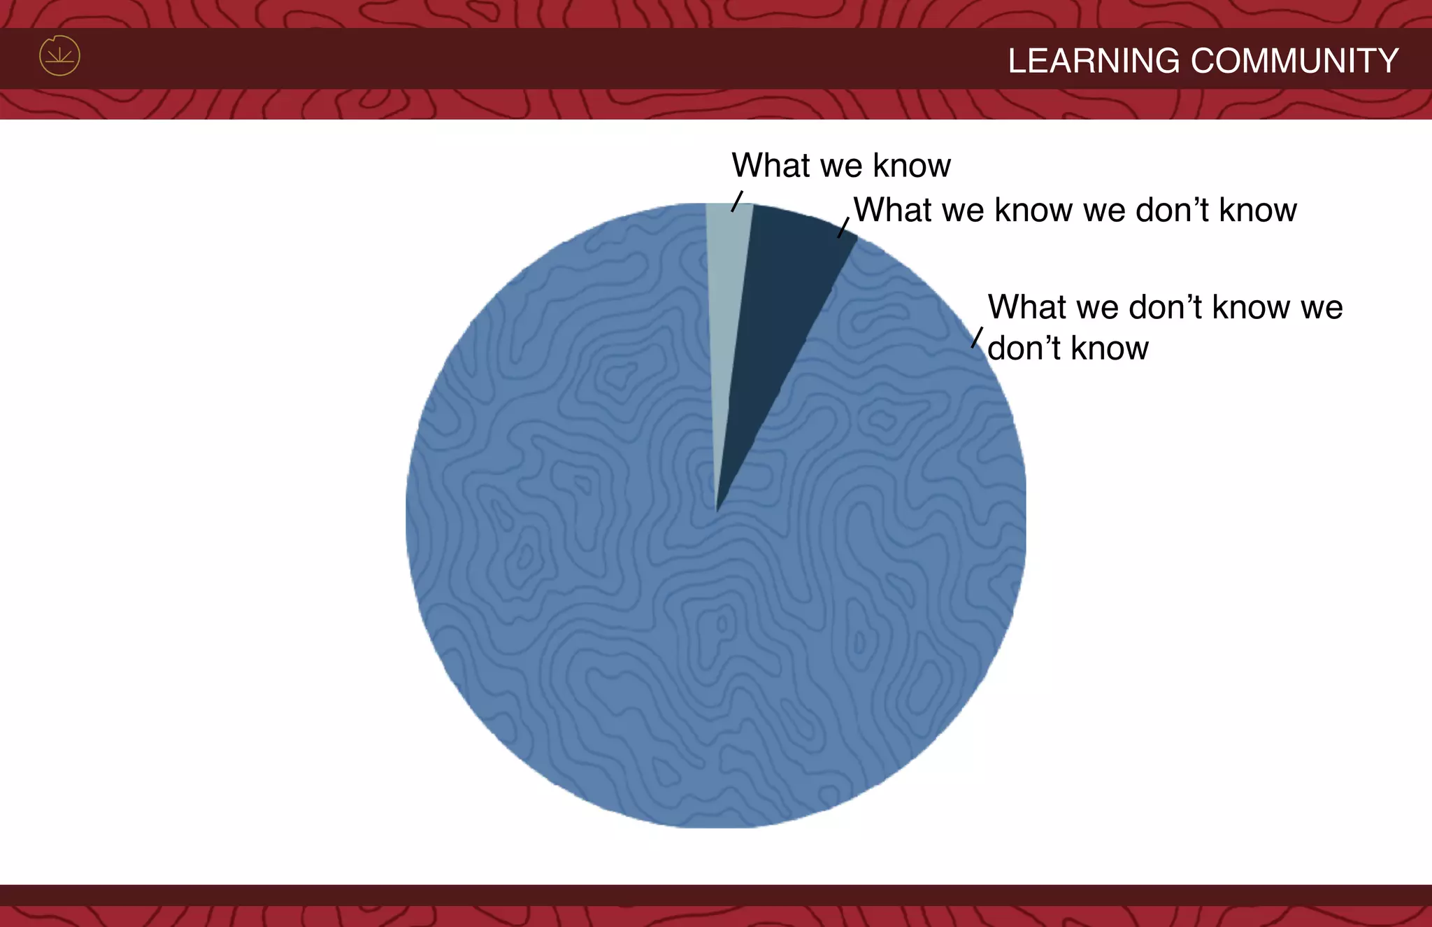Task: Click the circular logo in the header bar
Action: [59, 56]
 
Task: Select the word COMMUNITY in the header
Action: [1294, 61]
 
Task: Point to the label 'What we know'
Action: [840, 166]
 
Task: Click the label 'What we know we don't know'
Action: [1075, 210]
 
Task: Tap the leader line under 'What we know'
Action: [737, 201]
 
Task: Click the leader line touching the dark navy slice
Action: [843, 227]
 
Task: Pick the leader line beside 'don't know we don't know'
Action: [977, 337]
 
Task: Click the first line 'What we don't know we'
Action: [1164, 307]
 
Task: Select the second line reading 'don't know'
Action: [1068, 348]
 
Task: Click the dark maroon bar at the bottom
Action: [716, 895]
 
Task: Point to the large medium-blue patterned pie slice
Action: [629, 595]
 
